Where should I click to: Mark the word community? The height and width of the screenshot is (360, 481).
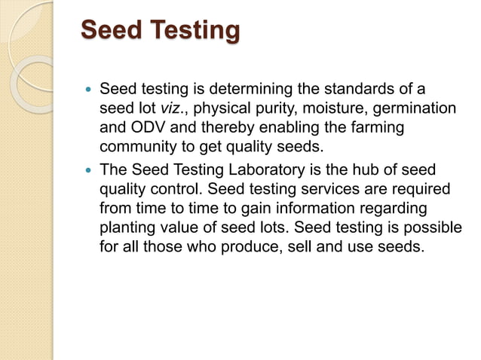137,148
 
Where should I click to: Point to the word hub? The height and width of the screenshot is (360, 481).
369,169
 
